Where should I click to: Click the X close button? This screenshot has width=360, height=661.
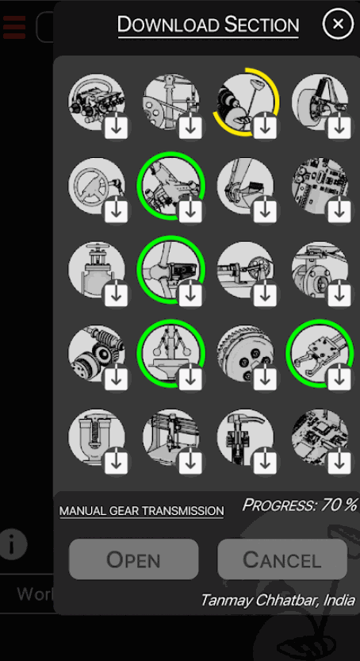(x=338, y=24)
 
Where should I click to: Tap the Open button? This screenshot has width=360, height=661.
(x=133, y=559)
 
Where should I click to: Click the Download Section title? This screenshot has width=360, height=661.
(x=209, y=25)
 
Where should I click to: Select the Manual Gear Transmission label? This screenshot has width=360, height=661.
(x=141, y=511)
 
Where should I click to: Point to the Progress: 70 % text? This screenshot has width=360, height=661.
(x=301, y=504)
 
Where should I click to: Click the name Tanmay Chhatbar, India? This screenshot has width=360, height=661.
(x=278, y=600)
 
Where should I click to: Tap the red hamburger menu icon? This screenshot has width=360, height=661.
(x=14, y=27)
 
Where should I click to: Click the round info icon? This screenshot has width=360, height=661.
(x=13, y=544)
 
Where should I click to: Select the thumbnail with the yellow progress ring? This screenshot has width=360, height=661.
(x=245, y=102)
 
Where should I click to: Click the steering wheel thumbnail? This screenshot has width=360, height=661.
(x=97, y=186)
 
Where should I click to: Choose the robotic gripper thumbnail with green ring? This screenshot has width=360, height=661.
(x=320, y=353)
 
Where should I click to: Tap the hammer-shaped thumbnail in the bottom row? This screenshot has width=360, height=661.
(x=245, y=437)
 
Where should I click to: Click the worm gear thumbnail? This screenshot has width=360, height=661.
(x=97, y=353)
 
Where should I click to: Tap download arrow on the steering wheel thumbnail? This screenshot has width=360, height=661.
(x=117, y=209)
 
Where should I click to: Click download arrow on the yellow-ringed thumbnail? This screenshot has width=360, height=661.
(x=265, y=125)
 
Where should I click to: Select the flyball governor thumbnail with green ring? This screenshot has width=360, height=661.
(x=171, y=353)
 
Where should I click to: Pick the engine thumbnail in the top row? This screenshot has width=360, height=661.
(x=97, y=102)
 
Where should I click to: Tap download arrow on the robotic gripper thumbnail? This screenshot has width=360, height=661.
(x=339, y=377)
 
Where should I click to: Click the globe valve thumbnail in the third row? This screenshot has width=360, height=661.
(x=97, y=269)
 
